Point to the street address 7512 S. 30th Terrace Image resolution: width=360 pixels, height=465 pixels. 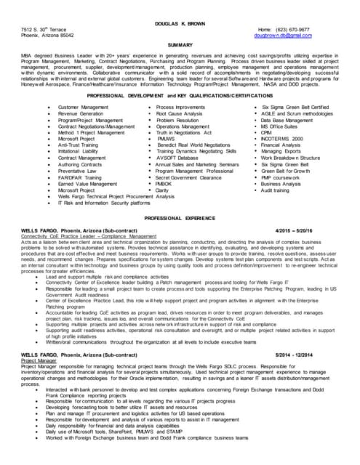coord(42,29)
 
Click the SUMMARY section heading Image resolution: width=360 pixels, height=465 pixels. coord(180,44)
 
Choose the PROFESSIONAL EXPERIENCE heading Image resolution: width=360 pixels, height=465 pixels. coord(180,218)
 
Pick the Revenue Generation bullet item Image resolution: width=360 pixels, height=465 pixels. coord(81,114)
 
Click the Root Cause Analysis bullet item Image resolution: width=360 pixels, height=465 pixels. coord(179,114)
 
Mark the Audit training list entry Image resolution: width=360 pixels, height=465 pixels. coord(275,190)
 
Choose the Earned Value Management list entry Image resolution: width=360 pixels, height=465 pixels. coord(87,184)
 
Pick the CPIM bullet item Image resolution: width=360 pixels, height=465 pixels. coord(266,133)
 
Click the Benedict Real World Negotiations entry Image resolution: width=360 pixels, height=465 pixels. coord(193,145)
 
